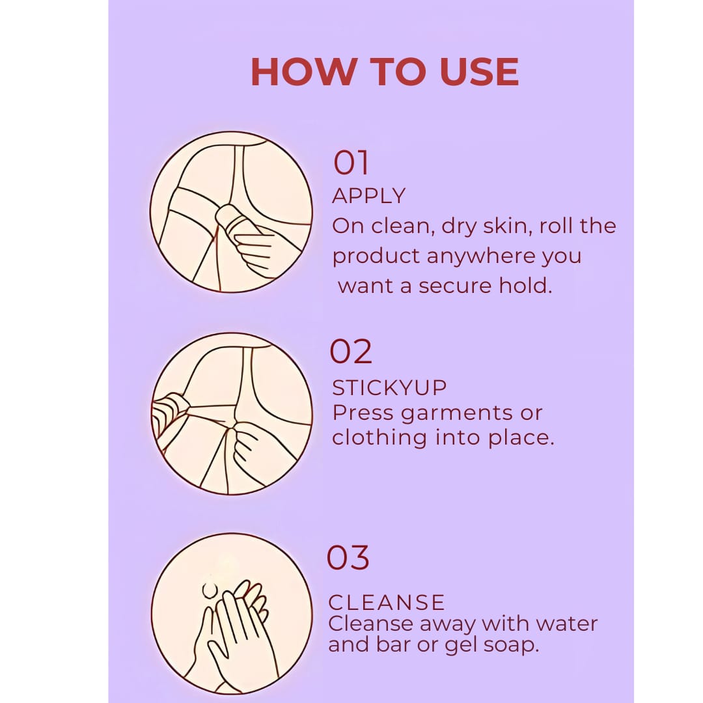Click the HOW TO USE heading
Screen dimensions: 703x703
(385, 72)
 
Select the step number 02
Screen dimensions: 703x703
(351, 351)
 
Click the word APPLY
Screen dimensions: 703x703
(368, 195)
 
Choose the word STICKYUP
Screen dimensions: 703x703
(389, 387)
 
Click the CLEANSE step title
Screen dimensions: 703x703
(387, 602)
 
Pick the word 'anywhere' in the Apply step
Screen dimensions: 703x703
(480, 256)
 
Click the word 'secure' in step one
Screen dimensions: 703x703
(455, 286)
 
